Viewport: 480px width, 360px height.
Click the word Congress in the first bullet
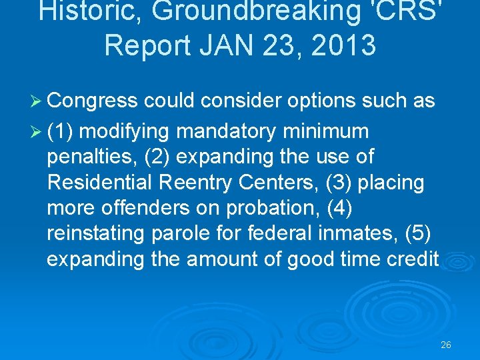(x=92, y=101)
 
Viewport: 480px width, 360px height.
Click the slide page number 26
(x=446, y=345)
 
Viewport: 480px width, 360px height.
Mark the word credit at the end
(x=410, y=259)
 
